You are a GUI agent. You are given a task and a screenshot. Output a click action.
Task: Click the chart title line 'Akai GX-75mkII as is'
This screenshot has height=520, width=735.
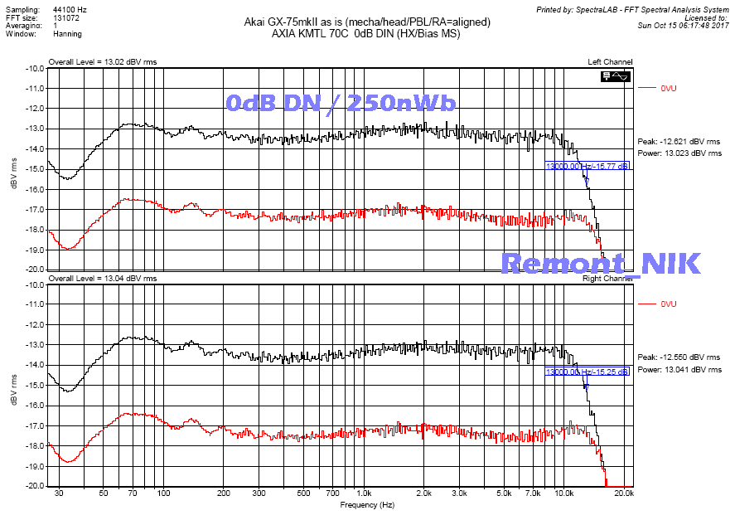coord(368,22)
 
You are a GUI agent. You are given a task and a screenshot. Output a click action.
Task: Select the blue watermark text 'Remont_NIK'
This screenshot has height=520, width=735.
coord(601,264)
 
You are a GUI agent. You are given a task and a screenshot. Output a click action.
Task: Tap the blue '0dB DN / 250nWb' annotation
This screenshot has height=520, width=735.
coord(341,103)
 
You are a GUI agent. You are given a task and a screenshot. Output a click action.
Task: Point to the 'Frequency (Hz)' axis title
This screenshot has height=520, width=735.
coord(367,504)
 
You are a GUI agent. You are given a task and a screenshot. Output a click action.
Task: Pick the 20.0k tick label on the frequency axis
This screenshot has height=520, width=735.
coord(623,493)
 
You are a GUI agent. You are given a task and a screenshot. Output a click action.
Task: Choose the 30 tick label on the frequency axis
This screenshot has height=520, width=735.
coord(58,493)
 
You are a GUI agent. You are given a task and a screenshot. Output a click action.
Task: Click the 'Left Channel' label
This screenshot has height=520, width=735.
coord(611,62)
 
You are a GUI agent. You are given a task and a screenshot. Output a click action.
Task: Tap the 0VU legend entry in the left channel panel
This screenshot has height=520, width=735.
coord(668,87)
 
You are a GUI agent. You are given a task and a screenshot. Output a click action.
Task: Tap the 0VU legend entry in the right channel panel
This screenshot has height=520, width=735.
coord(668,304)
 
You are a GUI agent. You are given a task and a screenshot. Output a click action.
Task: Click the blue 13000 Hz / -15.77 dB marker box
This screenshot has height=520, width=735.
coord(587,166)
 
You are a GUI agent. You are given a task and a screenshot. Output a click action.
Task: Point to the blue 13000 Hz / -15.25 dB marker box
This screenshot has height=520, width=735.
coord(587,372)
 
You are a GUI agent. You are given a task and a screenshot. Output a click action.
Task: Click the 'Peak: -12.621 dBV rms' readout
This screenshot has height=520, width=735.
coord(678,142)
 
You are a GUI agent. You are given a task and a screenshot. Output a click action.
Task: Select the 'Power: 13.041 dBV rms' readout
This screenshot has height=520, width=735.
coord(679,370)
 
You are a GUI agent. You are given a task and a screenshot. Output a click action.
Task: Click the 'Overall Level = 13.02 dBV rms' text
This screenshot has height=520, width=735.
coord(102,62)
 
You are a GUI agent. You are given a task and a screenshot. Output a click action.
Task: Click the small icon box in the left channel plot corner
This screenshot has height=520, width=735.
coord(617,76)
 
